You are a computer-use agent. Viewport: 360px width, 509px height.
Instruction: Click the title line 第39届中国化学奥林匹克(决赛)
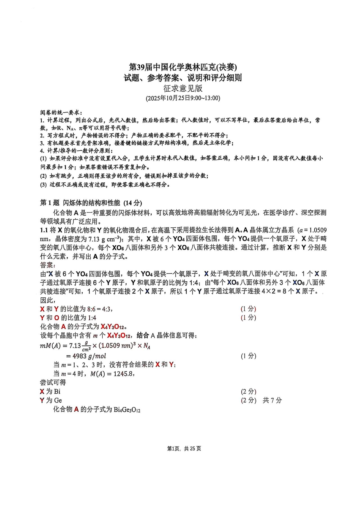click(x=183, y=67)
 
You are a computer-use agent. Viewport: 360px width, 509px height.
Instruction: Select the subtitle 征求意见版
click(x=183, y=88)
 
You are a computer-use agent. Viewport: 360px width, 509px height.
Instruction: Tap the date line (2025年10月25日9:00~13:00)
click(x=183, y=98)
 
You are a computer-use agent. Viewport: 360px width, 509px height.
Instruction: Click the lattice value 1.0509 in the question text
click(x=317, y=230)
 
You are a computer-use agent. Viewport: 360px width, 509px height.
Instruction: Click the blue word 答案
click(x=48, y=265)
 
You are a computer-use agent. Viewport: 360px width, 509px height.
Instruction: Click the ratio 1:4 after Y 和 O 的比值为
click(x=92, y=318)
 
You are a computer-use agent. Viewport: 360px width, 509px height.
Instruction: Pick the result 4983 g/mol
click(x=86, y=356)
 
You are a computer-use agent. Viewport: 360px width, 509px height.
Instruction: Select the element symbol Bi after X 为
click(x=57, y=392)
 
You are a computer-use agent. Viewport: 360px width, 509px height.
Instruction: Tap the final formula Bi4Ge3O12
click(x=127, y=410)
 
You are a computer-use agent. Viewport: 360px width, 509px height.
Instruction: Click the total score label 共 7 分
click(x=272, y=400)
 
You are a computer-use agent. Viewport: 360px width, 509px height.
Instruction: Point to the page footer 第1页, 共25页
click(x=184, y=449)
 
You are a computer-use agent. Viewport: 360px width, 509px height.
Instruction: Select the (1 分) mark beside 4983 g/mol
click(x=248, y=356)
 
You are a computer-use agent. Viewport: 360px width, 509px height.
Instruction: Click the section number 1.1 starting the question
click(x=44, y=230)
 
